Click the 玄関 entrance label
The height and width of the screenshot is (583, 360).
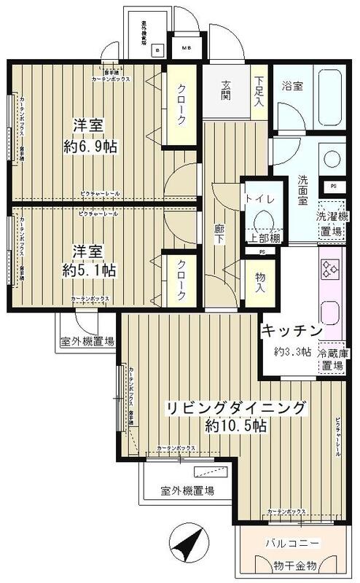(x=226, y=85)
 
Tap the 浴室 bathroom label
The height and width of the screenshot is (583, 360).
(x=293, y=85)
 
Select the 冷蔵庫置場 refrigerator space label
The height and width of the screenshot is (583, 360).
(x=334, y=359)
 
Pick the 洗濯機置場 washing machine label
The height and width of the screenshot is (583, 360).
(x=331, y=223)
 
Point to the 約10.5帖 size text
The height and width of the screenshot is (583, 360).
(x=237, y=427)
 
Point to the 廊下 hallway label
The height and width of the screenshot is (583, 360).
(x=219, y=235)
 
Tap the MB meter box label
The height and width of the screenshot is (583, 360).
(x=186, y=49)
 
